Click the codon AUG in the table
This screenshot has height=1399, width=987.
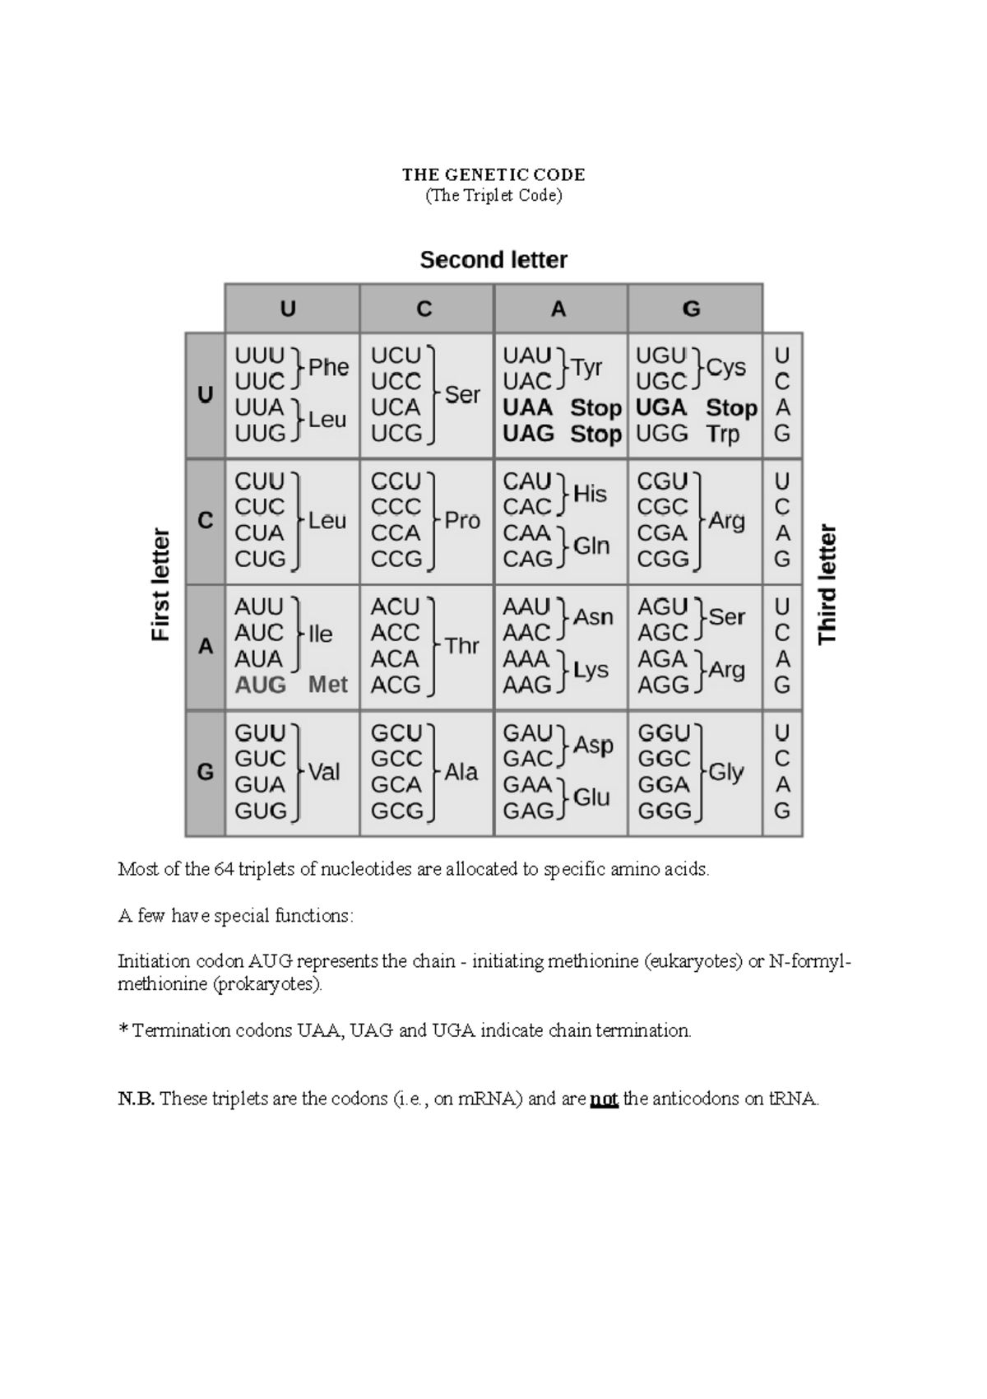click(260, 685)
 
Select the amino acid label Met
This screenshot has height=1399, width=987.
click(327, 685)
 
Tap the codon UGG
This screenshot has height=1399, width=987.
click(661, 434)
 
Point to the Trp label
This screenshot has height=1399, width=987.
click(723, 434)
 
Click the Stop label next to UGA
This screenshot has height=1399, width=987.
click(731, 408)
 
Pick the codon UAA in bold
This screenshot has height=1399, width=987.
click(527, 408)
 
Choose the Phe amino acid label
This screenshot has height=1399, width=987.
click(328, 368)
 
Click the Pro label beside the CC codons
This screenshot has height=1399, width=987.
click(461, 520)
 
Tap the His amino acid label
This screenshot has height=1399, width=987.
click(590, 494)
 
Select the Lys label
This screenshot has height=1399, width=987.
click(591, 670)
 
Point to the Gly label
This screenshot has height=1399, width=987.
click(725, 772)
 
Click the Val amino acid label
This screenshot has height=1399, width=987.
click(324, 772)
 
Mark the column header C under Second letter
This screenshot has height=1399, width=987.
click(424, 309)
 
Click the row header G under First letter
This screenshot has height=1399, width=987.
click(205, 772)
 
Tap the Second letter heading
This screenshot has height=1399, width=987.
click(493, 260)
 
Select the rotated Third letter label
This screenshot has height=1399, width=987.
click(827, 584)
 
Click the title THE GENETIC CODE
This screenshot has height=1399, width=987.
click(493, 174)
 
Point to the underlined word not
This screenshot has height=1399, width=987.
click(604, 1099)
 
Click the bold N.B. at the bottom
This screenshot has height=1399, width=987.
click(136, 1099)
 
